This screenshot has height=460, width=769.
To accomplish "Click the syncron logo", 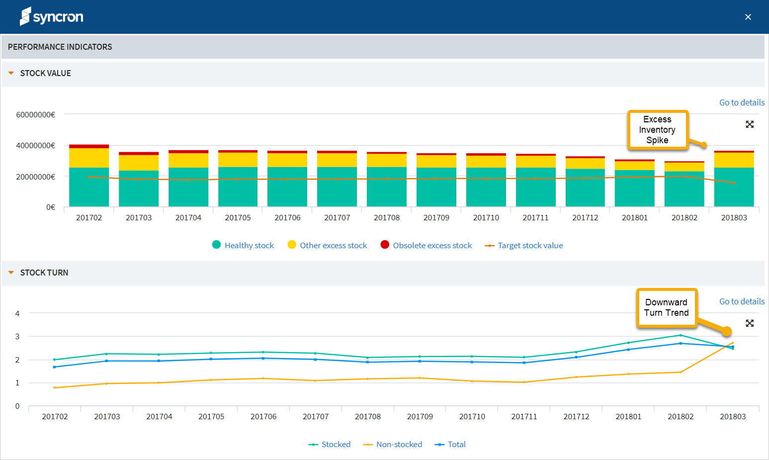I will [51, 16].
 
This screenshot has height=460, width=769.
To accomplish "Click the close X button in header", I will [748, 17].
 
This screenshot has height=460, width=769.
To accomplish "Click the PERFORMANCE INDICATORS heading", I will [60, 47].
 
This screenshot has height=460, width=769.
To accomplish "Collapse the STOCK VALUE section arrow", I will [11, 73].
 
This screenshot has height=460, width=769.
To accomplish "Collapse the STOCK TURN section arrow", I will [11, 273].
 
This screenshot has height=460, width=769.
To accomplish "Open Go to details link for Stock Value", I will [741, 102].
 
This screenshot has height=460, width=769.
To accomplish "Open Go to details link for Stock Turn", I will [741, 301].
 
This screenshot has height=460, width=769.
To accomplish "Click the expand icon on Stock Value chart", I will [750, 124].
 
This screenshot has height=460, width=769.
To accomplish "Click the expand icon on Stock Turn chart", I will [750, 323].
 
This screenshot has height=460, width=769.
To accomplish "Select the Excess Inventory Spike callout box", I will [657, 130].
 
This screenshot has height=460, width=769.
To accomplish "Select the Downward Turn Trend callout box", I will [666, 307].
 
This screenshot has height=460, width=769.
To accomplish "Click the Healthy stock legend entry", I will [243, 245].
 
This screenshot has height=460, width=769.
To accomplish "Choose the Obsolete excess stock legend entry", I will [426, 245].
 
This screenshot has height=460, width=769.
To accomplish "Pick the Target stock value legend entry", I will [524, 245].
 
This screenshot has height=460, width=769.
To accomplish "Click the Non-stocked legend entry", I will [393, 444].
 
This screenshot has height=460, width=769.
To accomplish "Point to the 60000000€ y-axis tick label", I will [36, 114].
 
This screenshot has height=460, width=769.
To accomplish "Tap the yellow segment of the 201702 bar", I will [89, 158].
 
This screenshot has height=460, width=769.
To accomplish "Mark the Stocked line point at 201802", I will [681, 335].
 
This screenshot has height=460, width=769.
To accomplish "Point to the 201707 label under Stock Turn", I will [316, 416].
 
